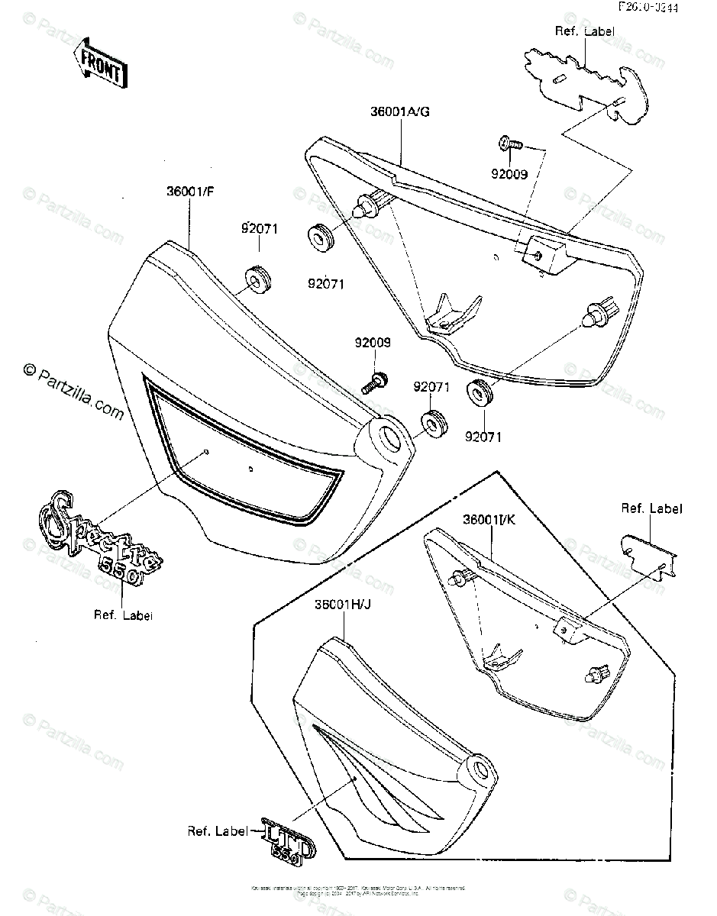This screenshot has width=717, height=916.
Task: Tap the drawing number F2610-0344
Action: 650,8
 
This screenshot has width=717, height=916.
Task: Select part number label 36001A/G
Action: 401,112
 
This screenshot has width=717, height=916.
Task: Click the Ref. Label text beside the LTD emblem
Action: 218,831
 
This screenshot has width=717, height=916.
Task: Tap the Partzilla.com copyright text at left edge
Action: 73,391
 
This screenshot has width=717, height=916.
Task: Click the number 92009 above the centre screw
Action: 372,343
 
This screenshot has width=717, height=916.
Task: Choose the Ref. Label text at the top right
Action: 584,31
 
